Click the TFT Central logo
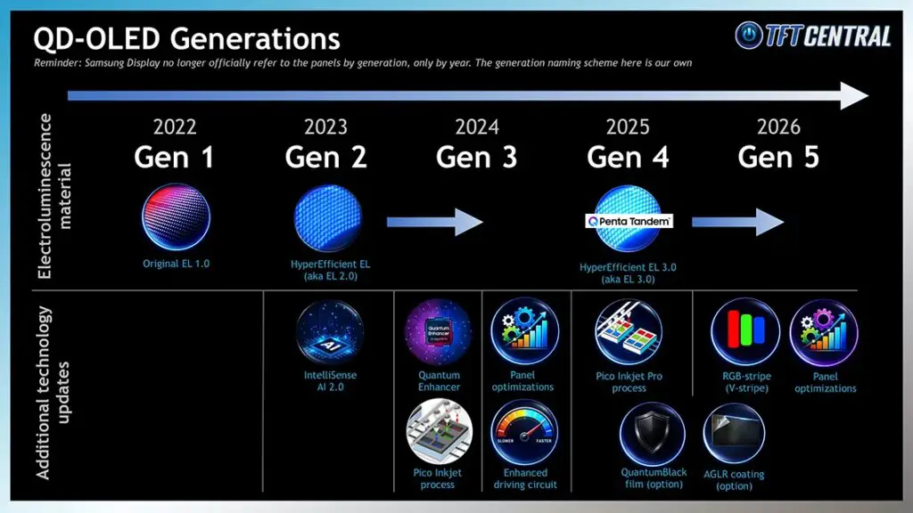coord(813,35)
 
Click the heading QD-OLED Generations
coord(186,38)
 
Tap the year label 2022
coord(175,127)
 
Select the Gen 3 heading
coord(476,158)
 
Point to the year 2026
coord(778,127)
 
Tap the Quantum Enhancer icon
coord(439,333)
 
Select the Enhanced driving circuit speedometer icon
coord(524,432)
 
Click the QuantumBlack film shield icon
coord(653,434)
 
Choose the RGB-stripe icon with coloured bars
coord(744,331)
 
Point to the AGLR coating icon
coord(734,435)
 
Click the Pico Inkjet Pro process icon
coord(628,331)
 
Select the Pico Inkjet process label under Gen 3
coord(437,478)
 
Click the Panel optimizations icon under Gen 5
coord(824,332)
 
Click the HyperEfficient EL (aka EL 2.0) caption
coord(327,270)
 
